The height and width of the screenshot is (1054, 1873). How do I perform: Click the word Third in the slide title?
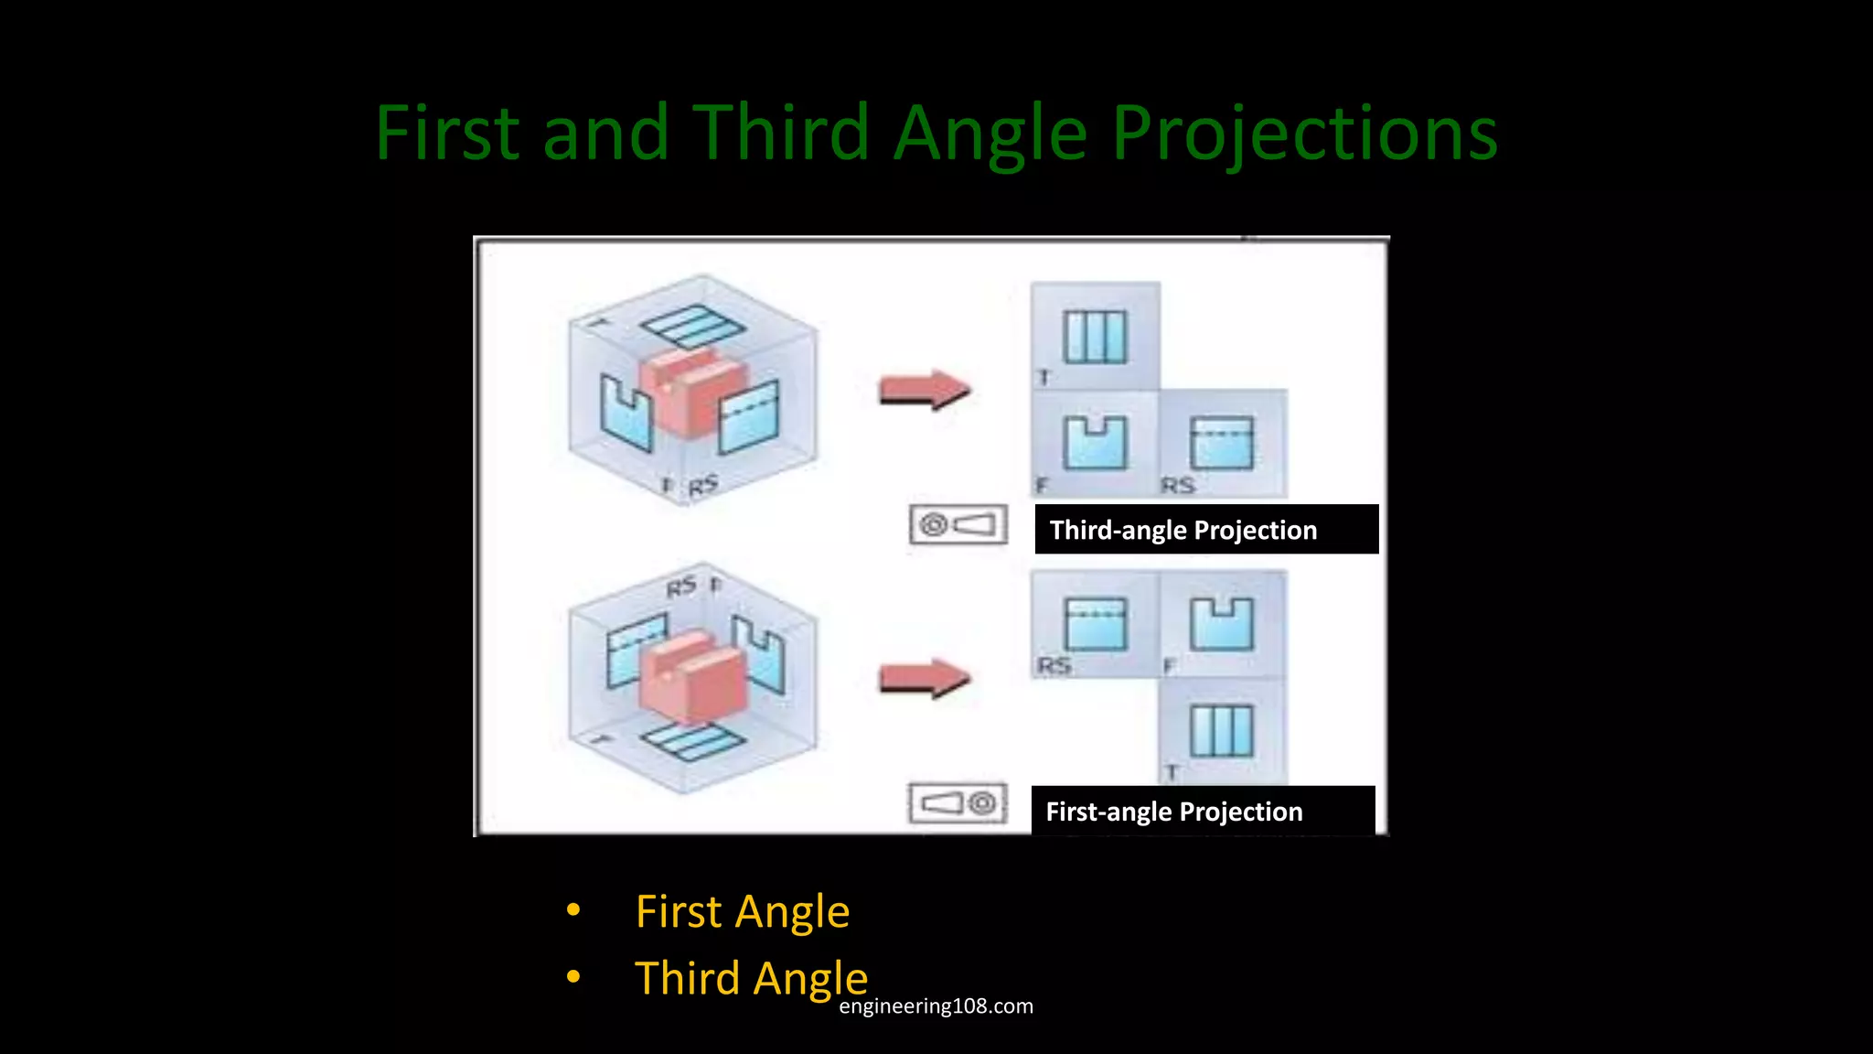click(x=780, y=133)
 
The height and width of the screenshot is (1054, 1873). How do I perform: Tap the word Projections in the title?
click(x=1304, y=134)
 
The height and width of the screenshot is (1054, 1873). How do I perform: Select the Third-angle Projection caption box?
click(x=1205, y=530)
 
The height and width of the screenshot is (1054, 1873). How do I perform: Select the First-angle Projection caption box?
click(x=1202, y=812)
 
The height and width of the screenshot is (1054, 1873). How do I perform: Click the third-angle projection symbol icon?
click(x=958, y=525)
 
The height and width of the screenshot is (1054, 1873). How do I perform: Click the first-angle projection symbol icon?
click(x=958, y=803)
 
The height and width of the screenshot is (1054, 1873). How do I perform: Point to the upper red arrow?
click(x=924, y=391)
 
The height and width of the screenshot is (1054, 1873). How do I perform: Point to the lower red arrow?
click(x=924, y=679)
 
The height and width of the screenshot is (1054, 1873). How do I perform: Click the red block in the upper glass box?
click(x=692, y=391)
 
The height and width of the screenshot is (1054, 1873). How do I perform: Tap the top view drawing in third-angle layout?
click(x=1095, y=337)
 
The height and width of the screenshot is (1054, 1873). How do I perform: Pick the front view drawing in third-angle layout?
click(x=1095, y=443)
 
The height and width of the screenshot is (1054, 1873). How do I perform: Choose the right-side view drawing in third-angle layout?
click(x=1222, y=443)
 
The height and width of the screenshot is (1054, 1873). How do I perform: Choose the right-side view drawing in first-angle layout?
click(x=1095, y=624)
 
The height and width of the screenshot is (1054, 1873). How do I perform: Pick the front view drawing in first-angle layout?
click(x=1222, y=624)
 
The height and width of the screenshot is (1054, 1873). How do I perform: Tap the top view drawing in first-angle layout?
click(x=1222, y=730)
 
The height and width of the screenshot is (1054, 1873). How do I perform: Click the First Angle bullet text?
click(x=742, y=912)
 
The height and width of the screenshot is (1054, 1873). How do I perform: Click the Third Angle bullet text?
click(x=751, y=978)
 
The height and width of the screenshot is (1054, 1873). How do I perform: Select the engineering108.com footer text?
click(x=936, y=1006)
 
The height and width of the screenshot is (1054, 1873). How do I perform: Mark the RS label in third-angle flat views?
click(x=1178, y=485)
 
